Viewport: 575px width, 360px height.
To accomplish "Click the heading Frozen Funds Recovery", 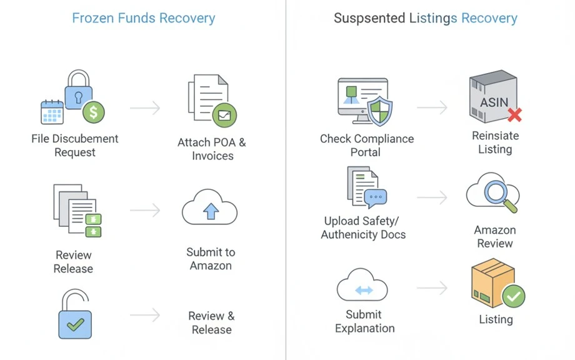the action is coord(143,18).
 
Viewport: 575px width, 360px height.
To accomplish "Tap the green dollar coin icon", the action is coord(94,112).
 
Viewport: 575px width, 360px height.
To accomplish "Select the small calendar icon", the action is coord(52,112).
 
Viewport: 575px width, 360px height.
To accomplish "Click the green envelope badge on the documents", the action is coord(224,115).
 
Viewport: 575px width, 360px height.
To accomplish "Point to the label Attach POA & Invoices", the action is coord(212,149).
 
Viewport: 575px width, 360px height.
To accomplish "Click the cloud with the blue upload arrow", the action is coord(210,207).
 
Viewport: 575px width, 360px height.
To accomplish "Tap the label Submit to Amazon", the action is coord(211,259).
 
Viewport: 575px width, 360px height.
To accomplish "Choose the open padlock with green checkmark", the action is coord(75,314).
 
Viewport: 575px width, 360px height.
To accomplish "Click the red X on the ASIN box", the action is coord(515,115).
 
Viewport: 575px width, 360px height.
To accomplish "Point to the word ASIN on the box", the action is coord(494,102).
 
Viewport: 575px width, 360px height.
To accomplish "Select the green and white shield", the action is coord(380,111).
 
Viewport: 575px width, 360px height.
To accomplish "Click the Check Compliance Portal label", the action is coord(367,145).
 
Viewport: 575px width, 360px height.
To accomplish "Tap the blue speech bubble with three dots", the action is coord(376,197).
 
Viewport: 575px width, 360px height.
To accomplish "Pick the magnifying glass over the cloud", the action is coord(500,196).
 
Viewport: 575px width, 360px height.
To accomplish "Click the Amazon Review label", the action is coord(495,236).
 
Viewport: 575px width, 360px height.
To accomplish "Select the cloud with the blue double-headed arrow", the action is coord(362,286).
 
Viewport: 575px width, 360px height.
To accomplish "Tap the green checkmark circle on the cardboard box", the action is coord(513,296).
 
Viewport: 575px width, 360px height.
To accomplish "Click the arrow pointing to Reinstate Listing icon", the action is coord(432,107).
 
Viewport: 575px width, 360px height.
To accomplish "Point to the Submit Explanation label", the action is coord(365,321).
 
